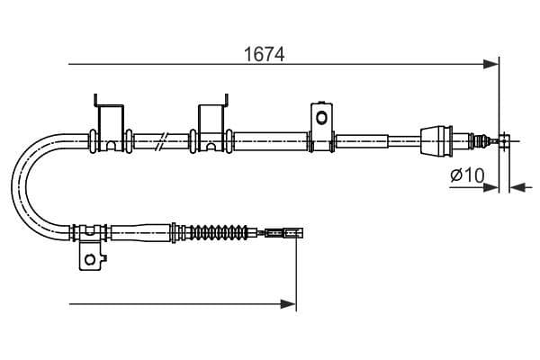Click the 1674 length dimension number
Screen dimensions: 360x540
tap(265, 54)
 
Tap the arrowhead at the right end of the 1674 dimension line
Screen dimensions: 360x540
tap(491, 64)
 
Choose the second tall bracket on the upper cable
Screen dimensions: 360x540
tap(211, 122)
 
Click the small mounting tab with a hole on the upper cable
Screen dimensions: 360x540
tap(320, 120)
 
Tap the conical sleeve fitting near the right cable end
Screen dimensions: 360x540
tap(438, 139)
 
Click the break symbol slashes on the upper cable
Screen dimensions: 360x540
tap(160, 139)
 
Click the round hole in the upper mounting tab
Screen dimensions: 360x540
tap(320, 116)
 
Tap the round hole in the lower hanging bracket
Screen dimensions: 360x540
tap(89, 259)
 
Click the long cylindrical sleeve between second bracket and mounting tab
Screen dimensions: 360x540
tap(269, 139)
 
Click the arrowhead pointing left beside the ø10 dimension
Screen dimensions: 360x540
tap(516, 187)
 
